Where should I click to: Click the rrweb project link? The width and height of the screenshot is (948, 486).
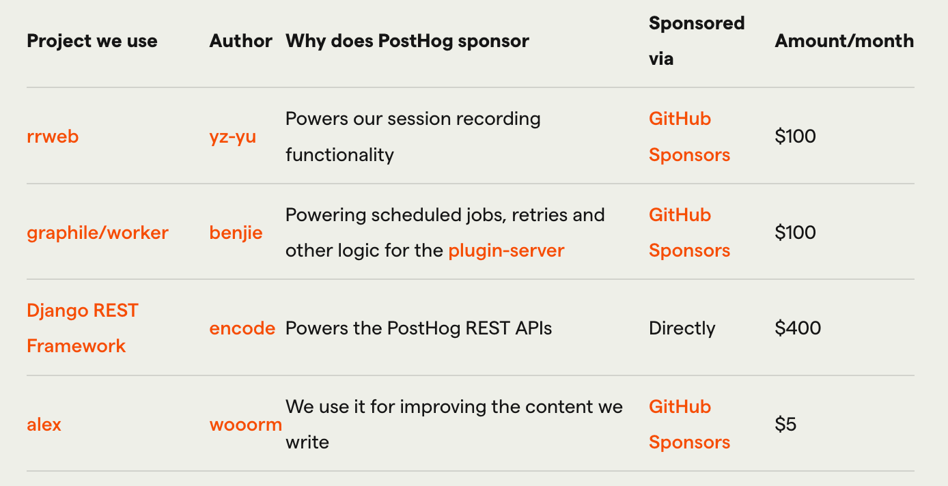pos(53,137)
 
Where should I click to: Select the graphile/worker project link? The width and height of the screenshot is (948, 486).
pos(98,233)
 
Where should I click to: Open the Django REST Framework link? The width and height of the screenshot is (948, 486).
pos(83,328)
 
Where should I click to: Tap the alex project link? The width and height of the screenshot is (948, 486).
pos(44,425)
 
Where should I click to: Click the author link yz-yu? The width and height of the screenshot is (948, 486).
pos(233,137)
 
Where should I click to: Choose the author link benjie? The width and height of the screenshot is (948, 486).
pos(236,233)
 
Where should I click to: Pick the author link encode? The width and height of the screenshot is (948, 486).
pos(242,328)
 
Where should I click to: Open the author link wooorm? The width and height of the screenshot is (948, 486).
pos(245,425)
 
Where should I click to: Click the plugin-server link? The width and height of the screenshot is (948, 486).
pos(506,251)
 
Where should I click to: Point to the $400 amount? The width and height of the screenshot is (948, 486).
pos(798,328)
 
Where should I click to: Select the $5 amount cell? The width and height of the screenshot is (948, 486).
pos(785,425)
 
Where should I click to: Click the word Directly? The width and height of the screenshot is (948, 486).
pos(682,328)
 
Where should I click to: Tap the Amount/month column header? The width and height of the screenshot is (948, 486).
pos(844,41)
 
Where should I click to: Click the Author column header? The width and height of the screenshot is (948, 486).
pos(241,41)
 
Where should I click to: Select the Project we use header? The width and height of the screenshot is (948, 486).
pos(92,42)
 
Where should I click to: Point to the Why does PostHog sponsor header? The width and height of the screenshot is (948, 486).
pos(407,42)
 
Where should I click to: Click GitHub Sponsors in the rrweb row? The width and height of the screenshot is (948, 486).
pos(689,137)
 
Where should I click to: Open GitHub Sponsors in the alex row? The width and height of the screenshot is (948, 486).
pos(689,425)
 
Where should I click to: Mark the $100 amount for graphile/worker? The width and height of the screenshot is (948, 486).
pos(795,233)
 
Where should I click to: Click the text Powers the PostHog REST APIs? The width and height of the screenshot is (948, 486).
pos(419,328)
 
